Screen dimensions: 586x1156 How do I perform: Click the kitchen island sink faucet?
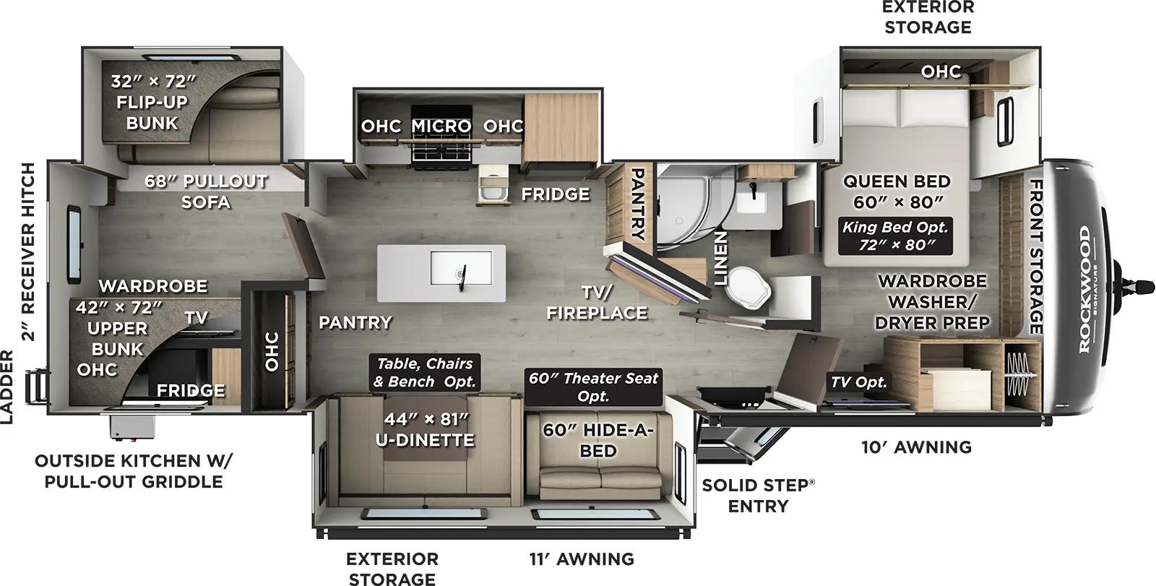point(462,274)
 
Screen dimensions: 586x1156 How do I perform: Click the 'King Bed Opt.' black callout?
point(895,236)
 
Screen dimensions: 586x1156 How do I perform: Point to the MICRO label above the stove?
point(441,126)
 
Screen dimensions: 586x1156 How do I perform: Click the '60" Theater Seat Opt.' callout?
point(593,387)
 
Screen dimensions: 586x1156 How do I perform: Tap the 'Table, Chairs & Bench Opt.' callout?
point(424,372)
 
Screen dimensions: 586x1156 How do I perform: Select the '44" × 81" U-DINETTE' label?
point(425,428)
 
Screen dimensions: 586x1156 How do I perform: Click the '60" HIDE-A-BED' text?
point(598,440)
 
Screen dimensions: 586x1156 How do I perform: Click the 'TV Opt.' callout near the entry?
point(858,382)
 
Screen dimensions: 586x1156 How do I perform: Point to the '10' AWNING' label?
point(916,447)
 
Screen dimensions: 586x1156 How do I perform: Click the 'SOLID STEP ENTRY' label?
point(757,495)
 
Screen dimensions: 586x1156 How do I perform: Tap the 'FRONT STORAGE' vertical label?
point(1036,257)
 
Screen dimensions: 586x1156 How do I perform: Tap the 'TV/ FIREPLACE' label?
point(597,303)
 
